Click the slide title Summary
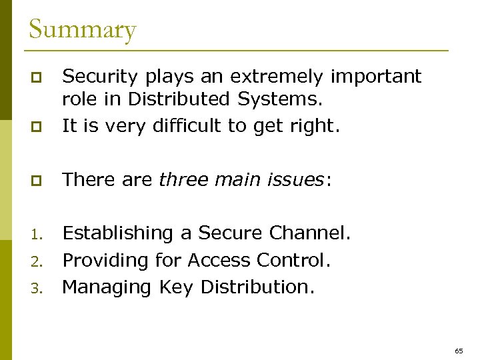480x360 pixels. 82,30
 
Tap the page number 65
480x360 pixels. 459,350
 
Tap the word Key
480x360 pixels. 176,287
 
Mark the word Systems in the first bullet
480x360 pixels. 280,99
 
